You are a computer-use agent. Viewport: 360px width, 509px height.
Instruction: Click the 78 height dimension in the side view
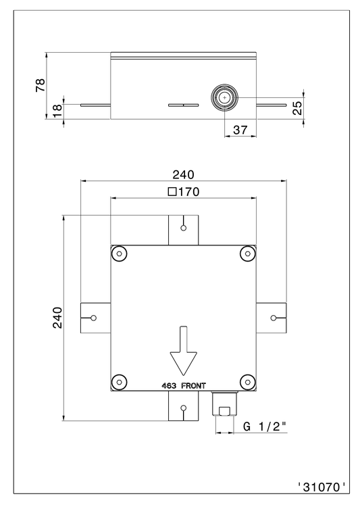click(41, 85)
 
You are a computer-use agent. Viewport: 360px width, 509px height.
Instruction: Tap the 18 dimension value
click(57, 112)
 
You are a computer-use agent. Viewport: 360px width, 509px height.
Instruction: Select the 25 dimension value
click(297, 108)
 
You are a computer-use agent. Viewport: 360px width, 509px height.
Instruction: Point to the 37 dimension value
click(240, 130)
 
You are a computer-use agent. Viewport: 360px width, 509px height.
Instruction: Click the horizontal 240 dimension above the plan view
click(183, 174)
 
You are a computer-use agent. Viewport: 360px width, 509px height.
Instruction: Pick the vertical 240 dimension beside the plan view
click(57, 318)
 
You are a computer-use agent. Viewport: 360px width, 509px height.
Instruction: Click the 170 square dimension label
click(184, 192)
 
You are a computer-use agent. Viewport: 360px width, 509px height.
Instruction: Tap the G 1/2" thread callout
click(265, 427)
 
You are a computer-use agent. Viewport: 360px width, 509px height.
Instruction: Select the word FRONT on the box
click(193, 386)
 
